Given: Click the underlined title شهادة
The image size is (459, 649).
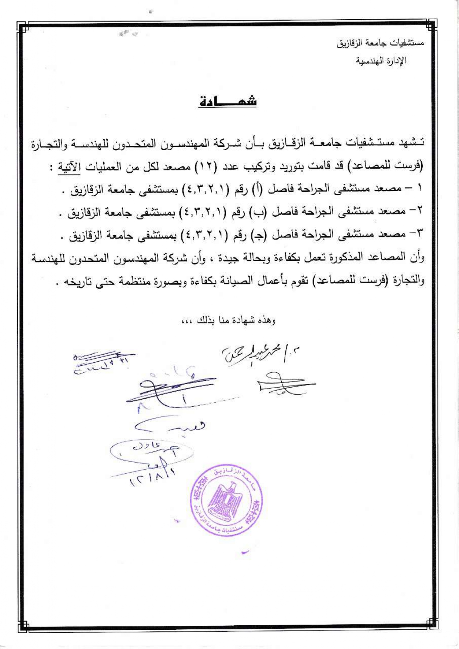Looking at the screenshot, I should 228,101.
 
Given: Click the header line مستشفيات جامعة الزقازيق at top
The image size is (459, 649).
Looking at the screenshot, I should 380,43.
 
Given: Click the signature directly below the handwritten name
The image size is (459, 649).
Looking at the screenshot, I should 285,385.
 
